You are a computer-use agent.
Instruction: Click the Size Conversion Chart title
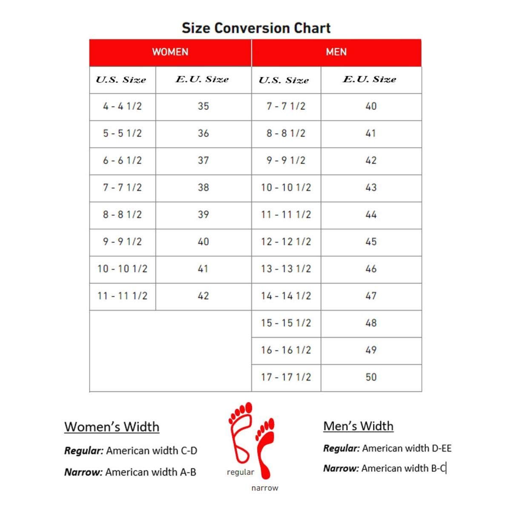click(256, 28)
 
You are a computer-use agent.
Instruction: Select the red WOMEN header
click(170, 52)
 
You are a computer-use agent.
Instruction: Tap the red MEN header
click(336, 52)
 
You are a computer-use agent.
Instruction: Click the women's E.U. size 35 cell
click(203, 106)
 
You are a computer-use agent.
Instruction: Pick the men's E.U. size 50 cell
click(371, 377)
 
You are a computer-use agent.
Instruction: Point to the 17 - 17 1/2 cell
click(286, 377)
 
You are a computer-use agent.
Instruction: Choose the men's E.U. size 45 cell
click(371, 242)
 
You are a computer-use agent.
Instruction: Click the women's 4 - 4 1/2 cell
click(122, 106)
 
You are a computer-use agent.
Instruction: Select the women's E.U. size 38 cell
click(203, 187)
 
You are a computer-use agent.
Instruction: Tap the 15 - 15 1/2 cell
click(286, 323)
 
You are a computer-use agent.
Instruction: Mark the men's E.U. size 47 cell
click(371, 296)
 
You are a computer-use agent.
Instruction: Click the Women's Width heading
click(112, 427)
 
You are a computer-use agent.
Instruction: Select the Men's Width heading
click(358, 426)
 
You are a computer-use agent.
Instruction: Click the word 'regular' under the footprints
click(240, 472)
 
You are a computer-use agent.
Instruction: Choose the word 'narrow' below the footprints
click(264, 488)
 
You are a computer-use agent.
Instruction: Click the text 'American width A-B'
click(151, 472)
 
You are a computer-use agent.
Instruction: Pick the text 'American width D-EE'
click(407, 448)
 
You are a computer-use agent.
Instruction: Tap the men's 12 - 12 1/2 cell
click(286, 242)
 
